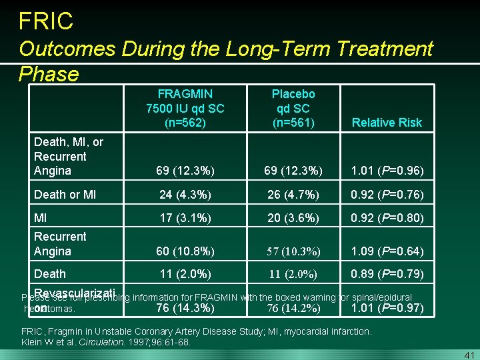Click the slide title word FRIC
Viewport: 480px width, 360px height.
46,21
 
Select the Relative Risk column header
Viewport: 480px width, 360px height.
387,123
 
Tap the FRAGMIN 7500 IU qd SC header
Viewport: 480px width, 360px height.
185,108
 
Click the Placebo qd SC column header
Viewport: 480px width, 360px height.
293,108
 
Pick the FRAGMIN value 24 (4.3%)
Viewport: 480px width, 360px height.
185,195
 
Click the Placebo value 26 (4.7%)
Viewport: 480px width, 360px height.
293,195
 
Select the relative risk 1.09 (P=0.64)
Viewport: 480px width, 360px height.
387,251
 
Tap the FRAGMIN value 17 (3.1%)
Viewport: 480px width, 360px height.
185,217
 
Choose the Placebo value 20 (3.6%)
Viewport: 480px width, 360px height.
293,217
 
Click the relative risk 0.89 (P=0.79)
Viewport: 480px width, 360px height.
387,274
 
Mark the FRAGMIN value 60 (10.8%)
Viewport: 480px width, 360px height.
185,251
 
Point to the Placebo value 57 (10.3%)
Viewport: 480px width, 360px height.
293,251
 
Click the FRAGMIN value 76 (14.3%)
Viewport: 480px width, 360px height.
185,308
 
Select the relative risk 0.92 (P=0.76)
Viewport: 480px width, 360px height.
387,195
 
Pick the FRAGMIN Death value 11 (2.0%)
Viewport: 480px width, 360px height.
185,274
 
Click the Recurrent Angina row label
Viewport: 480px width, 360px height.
60,244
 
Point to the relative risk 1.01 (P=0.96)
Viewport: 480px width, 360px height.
387,171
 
